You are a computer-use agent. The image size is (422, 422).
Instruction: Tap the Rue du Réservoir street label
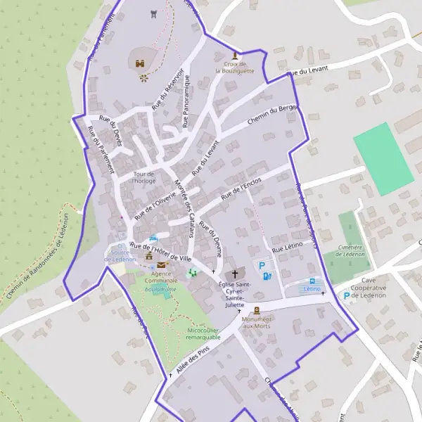click(169, 88)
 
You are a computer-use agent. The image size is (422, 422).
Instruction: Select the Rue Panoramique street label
click(186, 103)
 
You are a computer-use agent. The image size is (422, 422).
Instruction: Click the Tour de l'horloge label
click(143, 177)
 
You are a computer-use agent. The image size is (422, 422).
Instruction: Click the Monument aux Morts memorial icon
click(257, 310)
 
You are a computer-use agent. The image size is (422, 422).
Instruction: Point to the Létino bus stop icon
click(312, 281)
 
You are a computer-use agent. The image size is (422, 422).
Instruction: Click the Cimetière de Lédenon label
click(350, 251)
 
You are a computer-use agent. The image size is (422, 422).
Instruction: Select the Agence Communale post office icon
click(162, 265)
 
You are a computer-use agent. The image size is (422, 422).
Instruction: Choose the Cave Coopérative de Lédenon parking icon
click(345, 296)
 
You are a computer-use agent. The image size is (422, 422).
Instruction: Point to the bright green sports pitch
click(383, 158)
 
